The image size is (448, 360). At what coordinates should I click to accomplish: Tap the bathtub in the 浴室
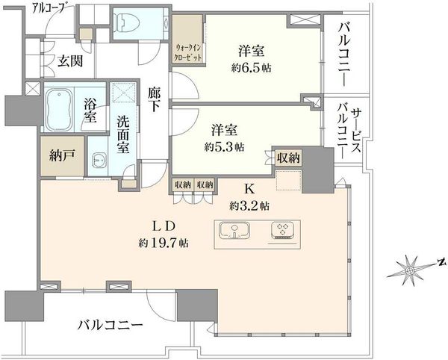click(59, 110)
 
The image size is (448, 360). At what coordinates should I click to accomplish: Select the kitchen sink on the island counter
click(234, 230)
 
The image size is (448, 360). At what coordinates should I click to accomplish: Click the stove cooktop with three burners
click(283, 230)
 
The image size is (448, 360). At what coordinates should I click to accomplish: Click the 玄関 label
click(70, 61)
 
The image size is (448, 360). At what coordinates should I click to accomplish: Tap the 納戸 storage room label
click(62, 155)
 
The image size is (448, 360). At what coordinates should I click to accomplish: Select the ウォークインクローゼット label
click(187, 52)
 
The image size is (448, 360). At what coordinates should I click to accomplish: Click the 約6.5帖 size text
click(252, 68)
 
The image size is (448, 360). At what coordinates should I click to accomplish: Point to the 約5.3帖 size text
click(224, 147)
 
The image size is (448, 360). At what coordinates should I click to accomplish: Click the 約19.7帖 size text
click(164, 243)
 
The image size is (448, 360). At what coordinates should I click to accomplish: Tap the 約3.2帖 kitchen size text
click(249, 205)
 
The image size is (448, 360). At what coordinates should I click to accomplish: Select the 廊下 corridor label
click(155, 100)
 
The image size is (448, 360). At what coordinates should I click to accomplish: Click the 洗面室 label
click(123, 135)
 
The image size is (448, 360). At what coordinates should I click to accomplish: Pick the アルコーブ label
click(48, 7)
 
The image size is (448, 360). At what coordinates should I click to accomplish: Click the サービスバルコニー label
click(349, 131)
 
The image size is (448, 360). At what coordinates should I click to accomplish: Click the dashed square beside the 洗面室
click(124, 93)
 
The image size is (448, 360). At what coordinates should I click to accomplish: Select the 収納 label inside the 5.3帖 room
click(288, 158)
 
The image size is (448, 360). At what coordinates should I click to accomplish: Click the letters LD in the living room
click(164, 226)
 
